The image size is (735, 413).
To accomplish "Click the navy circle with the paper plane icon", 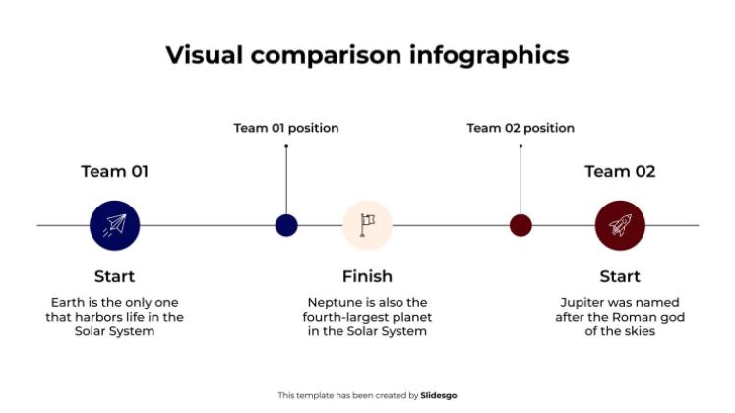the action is pos(114,225).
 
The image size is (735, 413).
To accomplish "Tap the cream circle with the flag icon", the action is pos(367,225).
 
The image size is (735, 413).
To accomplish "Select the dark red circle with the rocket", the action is pos(620,225).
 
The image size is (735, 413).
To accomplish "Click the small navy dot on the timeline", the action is pos(286,225).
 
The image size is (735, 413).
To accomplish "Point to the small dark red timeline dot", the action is pos(521,225).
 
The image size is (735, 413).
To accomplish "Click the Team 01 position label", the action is pos(286,128).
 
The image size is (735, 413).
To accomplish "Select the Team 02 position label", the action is pos(521,128).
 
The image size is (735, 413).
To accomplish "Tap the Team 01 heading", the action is pos(114,171).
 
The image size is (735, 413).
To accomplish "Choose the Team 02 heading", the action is pos(620,171).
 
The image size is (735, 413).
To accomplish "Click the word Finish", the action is pos(367,276).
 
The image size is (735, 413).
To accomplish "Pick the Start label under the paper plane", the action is pos(114,276).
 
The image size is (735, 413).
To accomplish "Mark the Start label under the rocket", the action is pos(620,276).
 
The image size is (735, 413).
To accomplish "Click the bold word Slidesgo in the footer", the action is pos(438,395).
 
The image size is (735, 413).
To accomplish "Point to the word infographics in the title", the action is pos(489,55).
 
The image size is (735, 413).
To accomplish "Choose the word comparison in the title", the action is pos(327,56).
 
